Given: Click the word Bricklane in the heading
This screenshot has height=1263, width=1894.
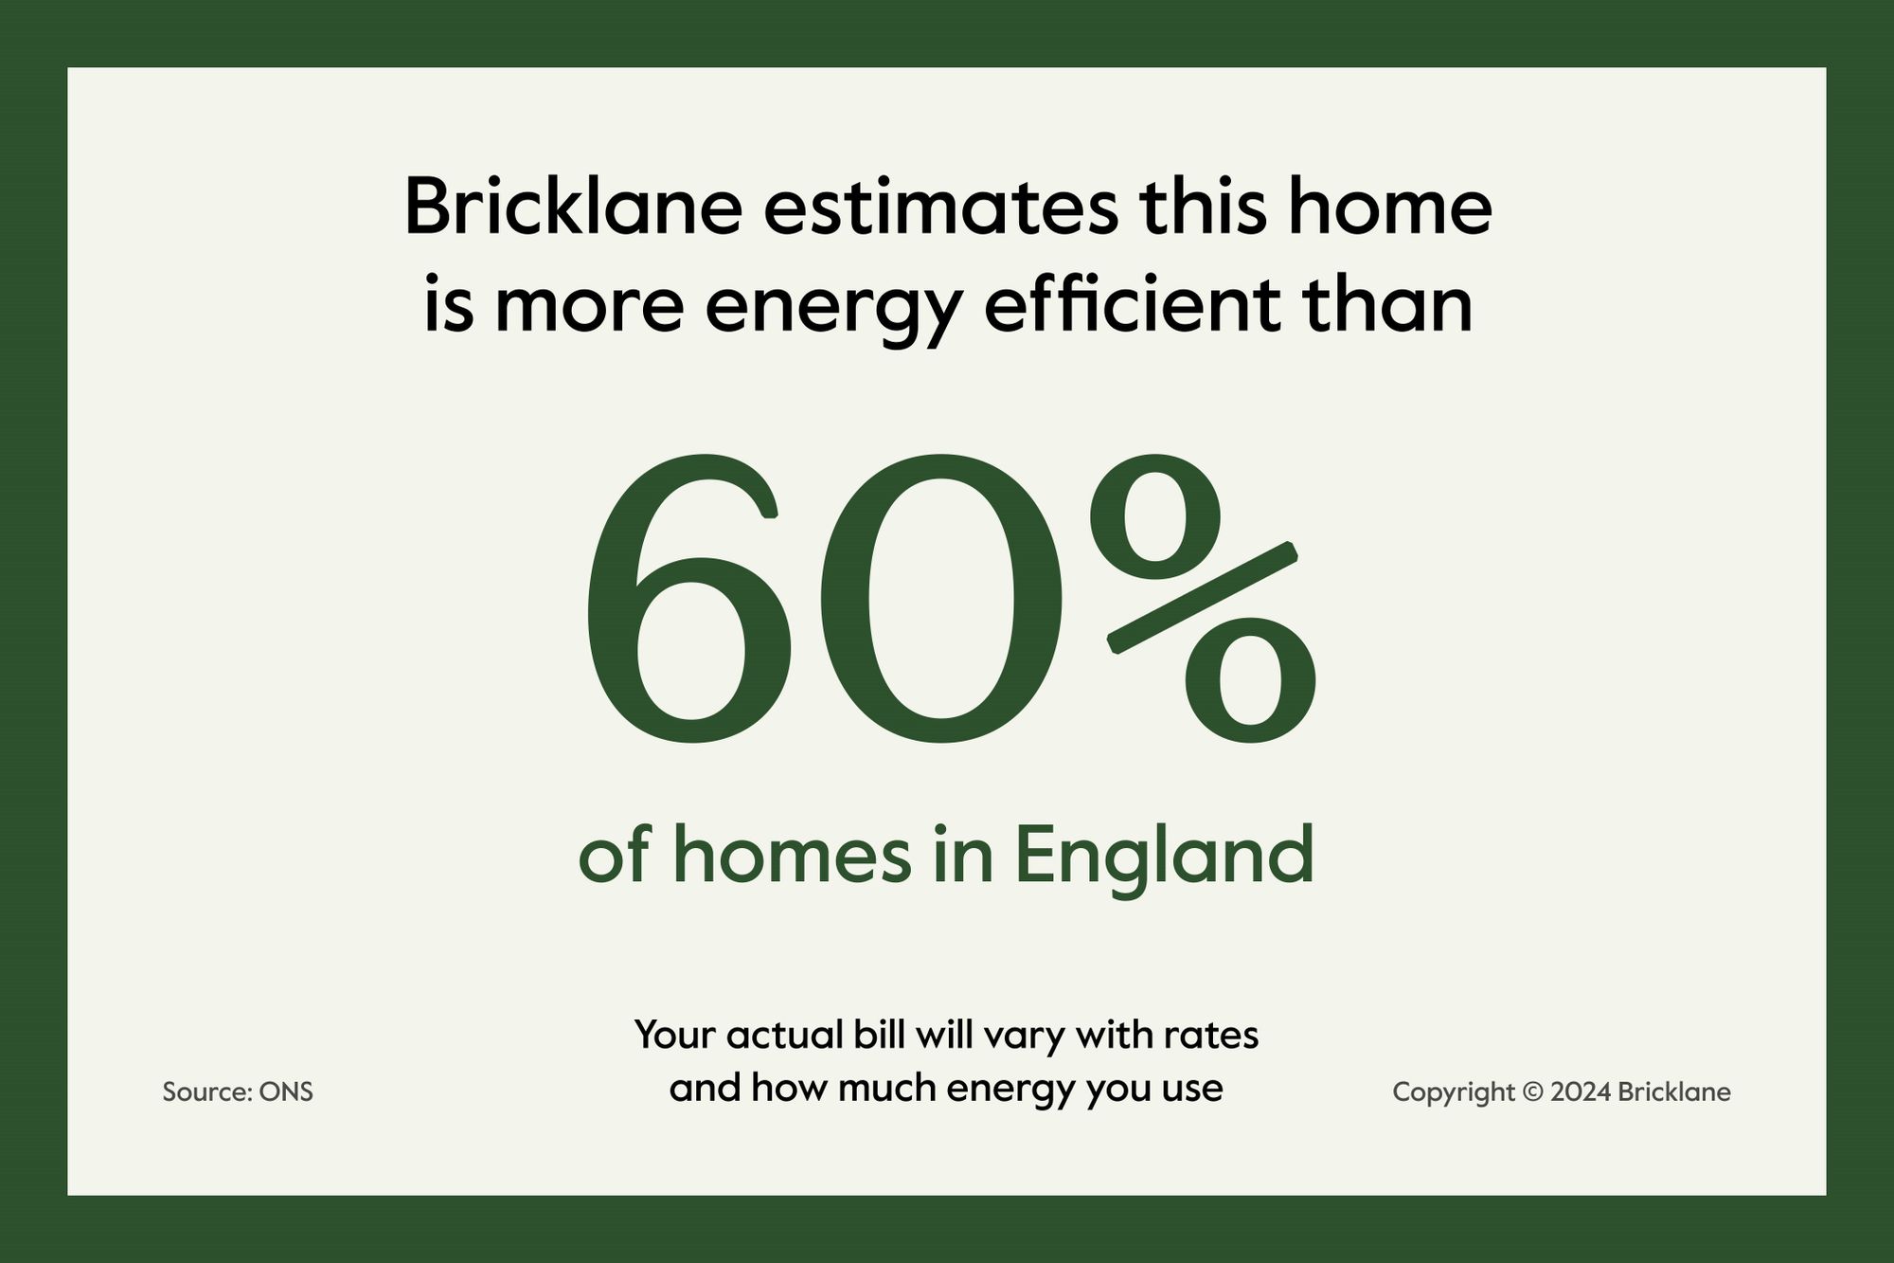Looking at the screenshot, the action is click(573, 207).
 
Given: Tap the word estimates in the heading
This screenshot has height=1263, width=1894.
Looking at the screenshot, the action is click(940, 209).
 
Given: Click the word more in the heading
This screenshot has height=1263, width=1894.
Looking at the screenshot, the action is click(589, 313).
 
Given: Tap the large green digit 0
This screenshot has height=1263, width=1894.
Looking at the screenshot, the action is click(938, 598).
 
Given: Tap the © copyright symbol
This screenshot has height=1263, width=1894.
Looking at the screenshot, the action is click(1531, 1092).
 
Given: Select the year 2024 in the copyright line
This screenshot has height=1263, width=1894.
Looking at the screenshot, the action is click(1581, 1092).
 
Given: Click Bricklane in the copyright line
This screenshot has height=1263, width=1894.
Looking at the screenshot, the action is click(1674, 1092).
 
